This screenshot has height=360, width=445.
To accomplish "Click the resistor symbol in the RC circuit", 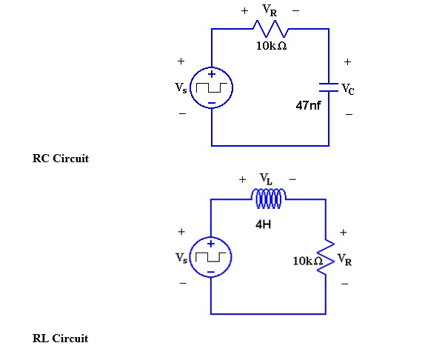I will pos(270,29).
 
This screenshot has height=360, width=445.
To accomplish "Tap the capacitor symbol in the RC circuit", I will pos(329,87).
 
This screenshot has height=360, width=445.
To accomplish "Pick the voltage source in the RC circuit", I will pos(212,88).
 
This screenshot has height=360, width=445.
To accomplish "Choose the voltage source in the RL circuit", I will pos(211,257).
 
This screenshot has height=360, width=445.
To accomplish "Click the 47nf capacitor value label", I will pos(309,106).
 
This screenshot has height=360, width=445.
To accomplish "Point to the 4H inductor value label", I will pos(263,224).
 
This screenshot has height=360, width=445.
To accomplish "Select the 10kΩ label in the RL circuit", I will pos(307,261).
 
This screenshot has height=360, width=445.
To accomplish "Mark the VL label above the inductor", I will pos(267,179).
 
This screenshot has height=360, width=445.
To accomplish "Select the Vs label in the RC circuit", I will pos(181,88).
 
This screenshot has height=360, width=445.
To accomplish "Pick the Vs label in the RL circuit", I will pos(181,257).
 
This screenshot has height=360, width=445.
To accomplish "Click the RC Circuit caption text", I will pos(61,159).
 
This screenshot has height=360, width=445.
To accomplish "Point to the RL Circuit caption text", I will pos(60,339).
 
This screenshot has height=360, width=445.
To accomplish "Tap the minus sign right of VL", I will pos(292,179).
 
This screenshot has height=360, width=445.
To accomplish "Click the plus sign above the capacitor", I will pos(347,62).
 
